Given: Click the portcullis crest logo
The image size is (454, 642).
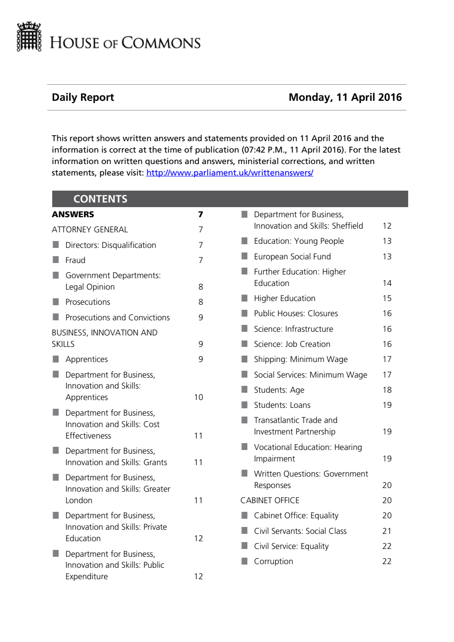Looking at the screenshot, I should click(x=29, y=37).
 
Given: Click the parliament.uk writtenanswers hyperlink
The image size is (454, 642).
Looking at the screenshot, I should click(x=230, y=173).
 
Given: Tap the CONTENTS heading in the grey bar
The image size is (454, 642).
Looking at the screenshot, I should click(x=100, y=199).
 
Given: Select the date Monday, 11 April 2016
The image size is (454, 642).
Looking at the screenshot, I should click(x=345, y=97).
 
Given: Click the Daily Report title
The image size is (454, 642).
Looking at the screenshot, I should click(x=83, y=97).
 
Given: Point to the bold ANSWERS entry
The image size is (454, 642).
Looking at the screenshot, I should click(x=73, y=214).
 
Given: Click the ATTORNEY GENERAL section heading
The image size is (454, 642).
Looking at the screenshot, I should click(x=90, y=230).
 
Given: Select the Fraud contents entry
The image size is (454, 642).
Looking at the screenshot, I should click(x=75, y=260).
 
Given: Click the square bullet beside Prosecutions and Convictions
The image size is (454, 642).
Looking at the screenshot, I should click(x=56, y=317).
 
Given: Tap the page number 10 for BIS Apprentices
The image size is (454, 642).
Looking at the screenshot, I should click(x=198, y=397).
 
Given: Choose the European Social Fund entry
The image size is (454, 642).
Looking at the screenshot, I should click(x=292, y=257).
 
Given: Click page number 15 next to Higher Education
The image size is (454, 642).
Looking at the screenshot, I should click(x=387, y=298).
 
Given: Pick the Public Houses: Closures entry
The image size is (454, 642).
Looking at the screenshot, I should click(x=296, y=313).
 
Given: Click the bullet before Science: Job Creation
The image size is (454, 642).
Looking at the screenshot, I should click(x=245, y=344).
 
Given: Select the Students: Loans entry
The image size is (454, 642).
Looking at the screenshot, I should click(x=282, y=405).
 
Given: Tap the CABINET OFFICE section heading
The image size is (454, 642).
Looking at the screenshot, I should click(x=270, y=500).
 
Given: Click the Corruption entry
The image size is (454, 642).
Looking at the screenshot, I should click(x=273, y=561).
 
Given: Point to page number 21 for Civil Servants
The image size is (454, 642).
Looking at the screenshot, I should click(x=387, y=531).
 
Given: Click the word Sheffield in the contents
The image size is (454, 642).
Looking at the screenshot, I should click(x=347, y=226).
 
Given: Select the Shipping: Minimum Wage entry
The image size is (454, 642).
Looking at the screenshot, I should click(x=301, y=359).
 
